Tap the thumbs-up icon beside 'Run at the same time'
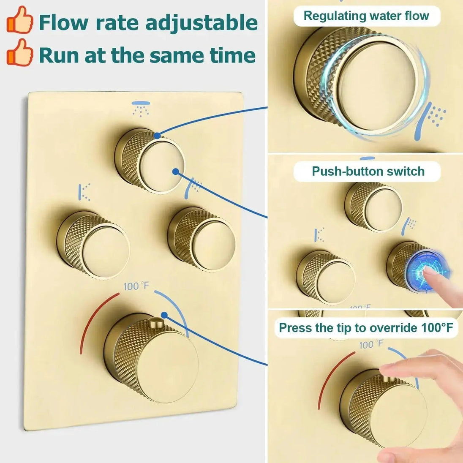pyautogui.click(x=20, y=52)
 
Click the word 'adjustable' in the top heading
pyautogui.click(x=202, y=23)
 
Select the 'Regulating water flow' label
pyautogui.click(x=366, y=16)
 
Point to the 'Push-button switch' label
pyautogui.click(x=368, y=171)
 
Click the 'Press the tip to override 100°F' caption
pyautogui.click(x=366, y=327)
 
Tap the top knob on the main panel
pyautogui.click(x=150, y=161)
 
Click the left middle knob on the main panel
pyautogui.click(x=93, y=245)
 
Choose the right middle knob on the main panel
pyautogui.click(x=202, y=239)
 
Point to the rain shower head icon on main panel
pyautogui.click(x=141, y=109)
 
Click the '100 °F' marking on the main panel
pyautogui.click(x=136, y=286)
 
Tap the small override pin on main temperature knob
pyautogui.click(x=155, y=322)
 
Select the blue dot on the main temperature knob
pyautogui.click(x=164, y=315)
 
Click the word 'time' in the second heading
pyautogui.click(x=232, y=55)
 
